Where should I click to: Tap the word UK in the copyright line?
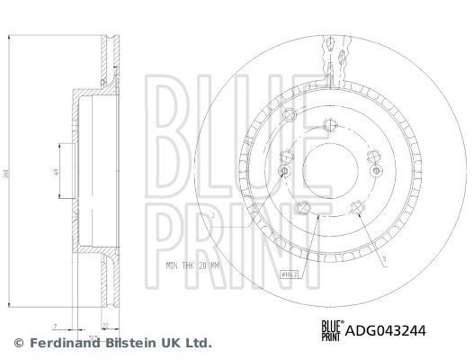tap(166, 343)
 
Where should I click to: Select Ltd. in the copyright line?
tap(197, 343)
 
